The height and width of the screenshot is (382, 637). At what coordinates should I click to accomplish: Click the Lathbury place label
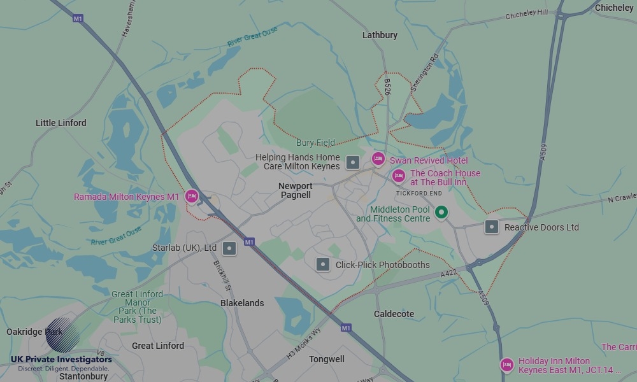380,35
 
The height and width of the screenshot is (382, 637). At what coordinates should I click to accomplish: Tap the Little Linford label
61,123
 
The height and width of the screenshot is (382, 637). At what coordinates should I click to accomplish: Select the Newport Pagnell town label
295,190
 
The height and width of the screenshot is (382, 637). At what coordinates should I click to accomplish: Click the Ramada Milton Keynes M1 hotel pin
192,196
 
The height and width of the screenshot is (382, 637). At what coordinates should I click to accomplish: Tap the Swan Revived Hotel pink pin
378,159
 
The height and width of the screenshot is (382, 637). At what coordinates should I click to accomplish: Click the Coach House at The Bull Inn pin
399,176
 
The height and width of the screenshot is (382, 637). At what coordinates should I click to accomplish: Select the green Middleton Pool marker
441,212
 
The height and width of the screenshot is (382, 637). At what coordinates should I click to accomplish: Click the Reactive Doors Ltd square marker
491,227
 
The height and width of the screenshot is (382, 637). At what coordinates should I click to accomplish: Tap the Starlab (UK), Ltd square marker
229,248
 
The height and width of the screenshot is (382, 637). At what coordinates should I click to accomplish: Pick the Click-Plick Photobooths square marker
323,264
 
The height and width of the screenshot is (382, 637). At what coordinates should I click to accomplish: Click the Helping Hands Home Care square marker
353,162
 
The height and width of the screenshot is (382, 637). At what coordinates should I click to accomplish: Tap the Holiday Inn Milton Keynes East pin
506,365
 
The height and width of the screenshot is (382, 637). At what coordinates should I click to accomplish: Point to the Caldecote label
394,314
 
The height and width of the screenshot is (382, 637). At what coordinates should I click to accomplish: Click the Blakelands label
242,303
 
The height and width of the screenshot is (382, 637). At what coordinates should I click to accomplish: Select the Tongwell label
327,359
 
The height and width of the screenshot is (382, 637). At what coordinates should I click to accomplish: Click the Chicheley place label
614,8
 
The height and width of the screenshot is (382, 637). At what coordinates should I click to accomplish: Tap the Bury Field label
315,143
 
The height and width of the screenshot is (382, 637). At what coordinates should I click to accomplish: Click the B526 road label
387,88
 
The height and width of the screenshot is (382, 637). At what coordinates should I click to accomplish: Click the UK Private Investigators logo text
61,360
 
